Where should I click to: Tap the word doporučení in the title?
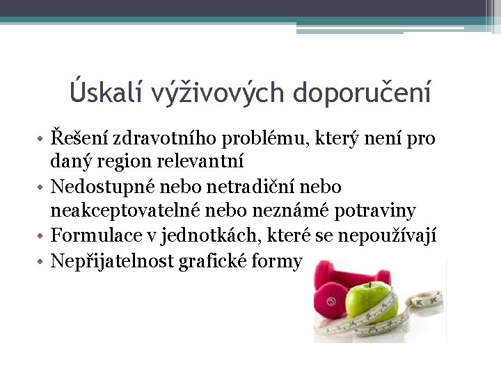362,92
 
